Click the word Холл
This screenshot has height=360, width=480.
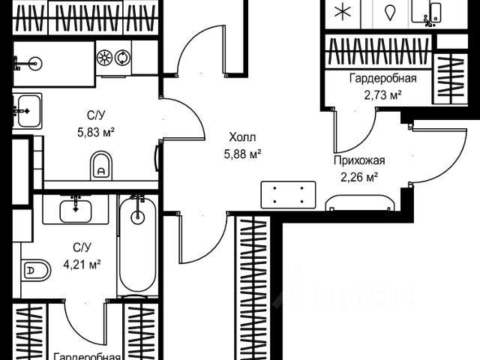coord(243,138)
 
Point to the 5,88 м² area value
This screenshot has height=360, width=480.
coord(243,154)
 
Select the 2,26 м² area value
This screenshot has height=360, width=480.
coord(358,177)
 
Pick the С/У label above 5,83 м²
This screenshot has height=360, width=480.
coord(95,115)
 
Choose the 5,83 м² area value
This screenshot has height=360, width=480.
coord(95,131)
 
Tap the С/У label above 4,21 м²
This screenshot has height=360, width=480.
coord(82,247)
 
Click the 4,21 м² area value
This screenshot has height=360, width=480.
coord(82,263)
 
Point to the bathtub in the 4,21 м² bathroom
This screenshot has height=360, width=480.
coord(136,247)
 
